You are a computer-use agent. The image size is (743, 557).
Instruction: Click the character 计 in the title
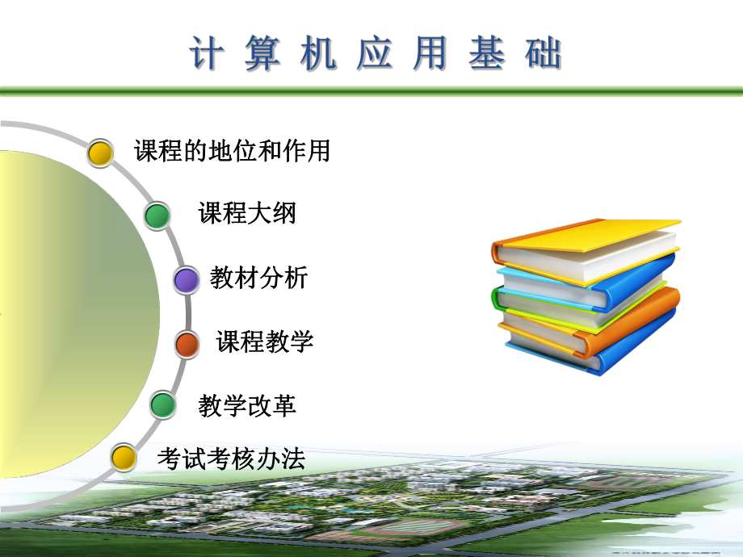pos(206,54)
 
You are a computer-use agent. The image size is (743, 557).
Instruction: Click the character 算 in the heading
pos(262,54)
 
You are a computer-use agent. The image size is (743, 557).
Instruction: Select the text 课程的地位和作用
pos(233,151)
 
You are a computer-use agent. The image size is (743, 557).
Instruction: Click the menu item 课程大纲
pos(247,214)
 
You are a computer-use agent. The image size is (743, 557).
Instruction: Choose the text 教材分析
pos(258,278)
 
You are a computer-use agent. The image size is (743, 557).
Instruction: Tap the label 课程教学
pos(265,341)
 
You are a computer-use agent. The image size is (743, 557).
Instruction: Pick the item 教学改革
pos(247,405)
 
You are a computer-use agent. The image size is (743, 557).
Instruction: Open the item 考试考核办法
pos(231,459)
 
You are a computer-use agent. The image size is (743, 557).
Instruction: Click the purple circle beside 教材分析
pos(187,280)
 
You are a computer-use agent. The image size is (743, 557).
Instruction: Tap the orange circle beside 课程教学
pos(187,345)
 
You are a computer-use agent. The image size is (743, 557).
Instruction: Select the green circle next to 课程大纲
pos(157,216)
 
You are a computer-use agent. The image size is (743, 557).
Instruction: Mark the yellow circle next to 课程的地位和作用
pos(100,152)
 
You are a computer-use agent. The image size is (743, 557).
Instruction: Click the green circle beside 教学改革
pos(163,404)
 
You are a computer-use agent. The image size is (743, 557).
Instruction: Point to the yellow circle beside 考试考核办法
pos(123,458)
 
